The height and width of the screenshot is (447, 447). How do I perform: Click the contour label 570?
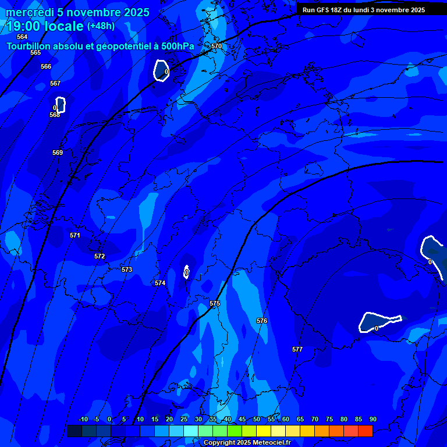point(217,46)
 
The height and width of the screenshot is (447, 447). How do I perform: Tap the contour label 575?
point(215,303)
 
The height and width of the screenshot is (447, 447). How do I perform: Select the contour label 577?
point(297,349)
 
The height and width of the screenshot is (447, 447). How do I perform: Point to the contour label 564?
point(22,37)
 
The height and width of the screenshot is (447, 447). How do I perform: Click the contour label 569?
point(58,152)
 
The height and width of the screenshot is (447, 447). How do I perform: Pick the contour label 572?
point(100,256)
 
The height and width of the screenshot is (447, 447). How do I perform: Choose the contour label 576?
point(262,321)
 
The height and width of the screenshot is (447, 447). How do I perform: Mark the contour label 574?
point(160,283)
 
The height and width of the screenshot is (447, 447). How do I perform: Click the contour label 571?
point(75,235)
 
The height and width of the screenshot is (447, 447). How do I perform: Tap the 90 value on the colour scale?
point(372,419)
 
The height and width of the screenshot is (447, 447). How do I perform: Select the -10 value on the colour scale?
point(83,419)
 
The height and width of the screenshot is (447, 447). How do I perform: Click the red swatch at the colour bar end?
point(365,431)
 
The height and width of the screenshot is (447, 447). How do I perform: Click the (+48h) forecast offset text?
point(101,26)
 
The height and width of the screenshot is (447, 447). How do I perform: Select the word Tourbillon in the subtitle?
point(30,46)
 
